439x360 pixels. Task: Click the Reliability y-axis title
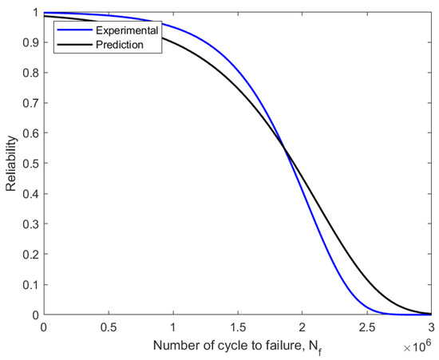point(11,164)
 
